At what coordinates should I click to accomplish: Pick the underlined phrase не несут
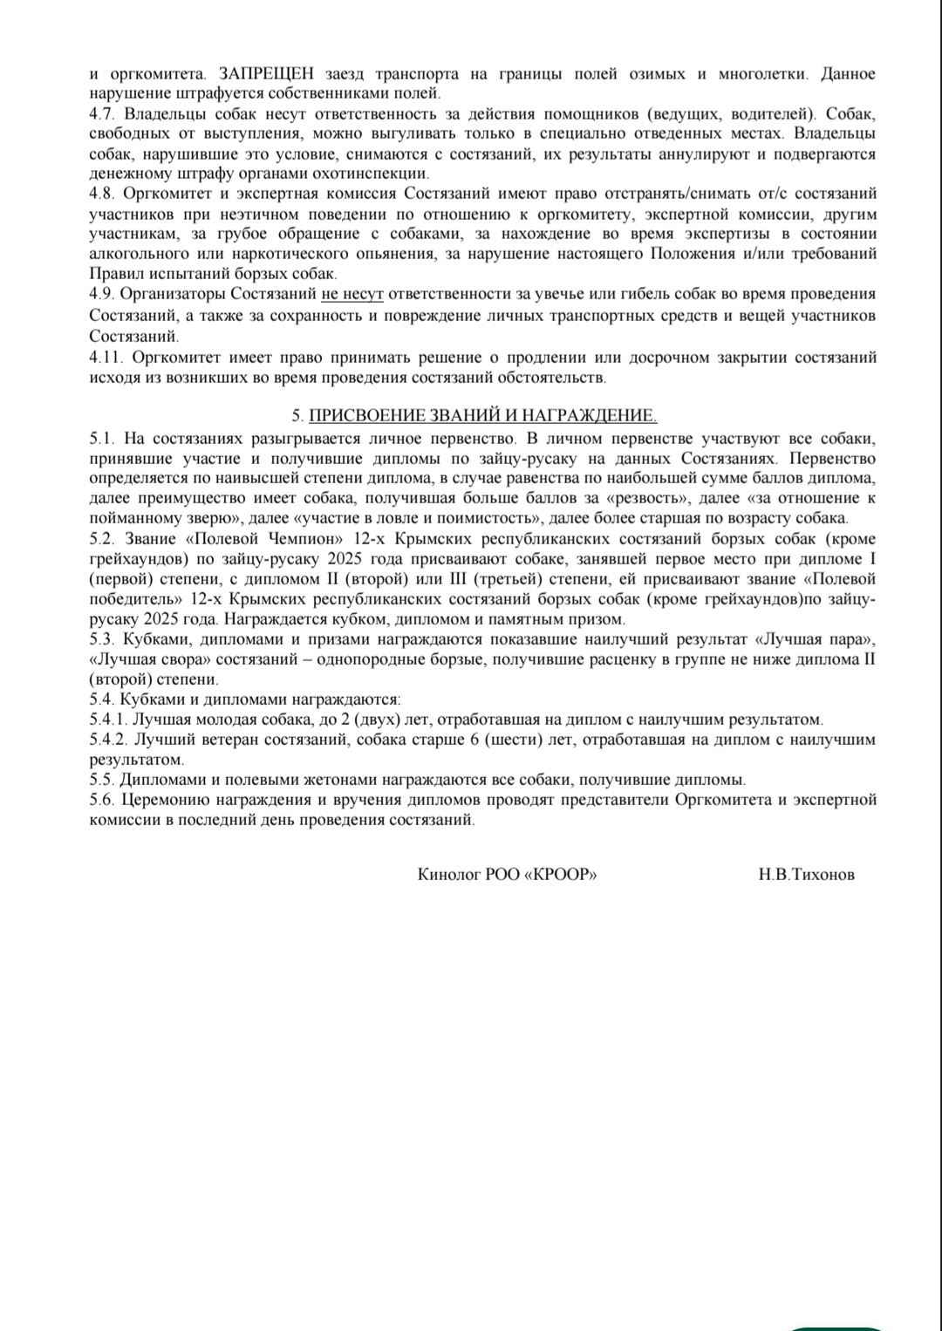(352, 295)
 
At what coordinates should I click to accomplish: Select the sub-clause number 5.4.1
(109, 720)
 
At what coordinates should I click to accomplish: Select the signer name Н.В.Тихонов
(806, 874)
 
